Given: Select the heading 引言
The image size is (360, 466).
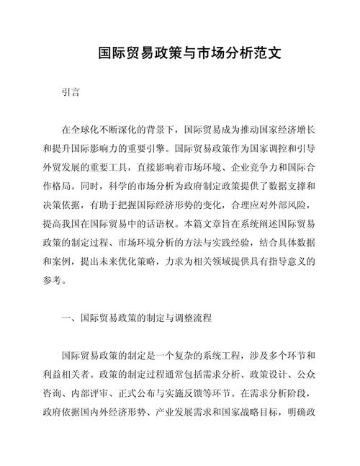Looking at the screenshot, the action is click(x=71, y=93).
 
